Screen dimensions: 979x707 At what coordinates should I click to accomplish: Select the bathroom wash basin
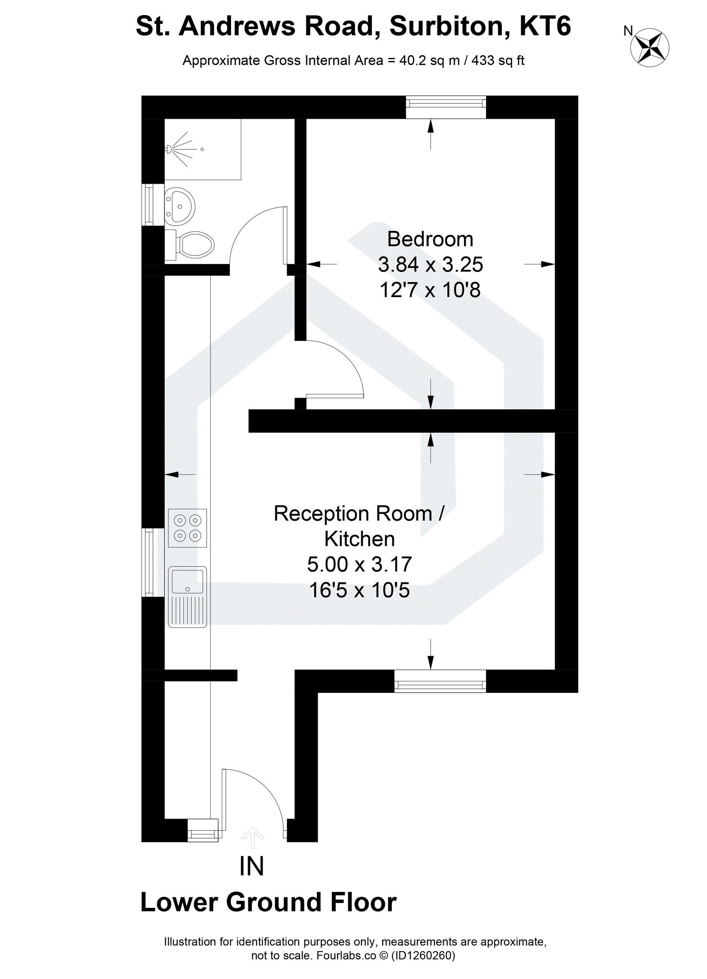[179, 205]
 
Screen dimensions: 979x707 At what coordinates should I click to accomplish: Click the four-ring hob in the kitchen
[187, 528]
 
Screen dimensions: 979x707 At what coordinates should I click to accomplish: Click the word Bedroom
[430, 239]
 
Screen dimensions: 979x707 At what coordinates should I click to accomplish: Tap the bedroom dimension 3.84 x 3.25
[430, 265]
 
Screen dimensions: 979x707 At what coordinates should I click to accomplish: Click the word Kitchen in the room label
[359, 539]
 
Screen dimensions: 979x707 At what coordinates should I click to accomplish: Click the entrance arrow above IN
[252, 836]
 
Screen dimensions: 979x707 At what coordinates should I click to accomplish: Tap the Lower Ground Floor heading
[268, 902]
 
